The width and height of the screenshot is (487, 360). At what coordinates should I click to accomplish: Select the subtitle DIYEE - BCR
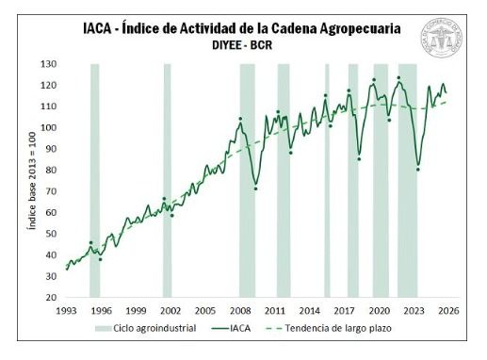pyautogui.click(x=243, y=45)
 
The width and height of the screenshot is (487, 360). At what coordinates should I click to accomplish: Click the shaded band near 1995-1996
pyautogui.click(x=94, y=179)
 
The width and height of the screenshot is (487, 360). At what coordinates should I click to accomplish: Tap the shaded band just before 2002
pyautogui.click(x=167, y=179)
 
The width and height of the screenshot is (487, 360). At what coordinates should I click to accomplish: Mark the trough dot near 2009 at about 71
pyautogui.click(x=255, y=189)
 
